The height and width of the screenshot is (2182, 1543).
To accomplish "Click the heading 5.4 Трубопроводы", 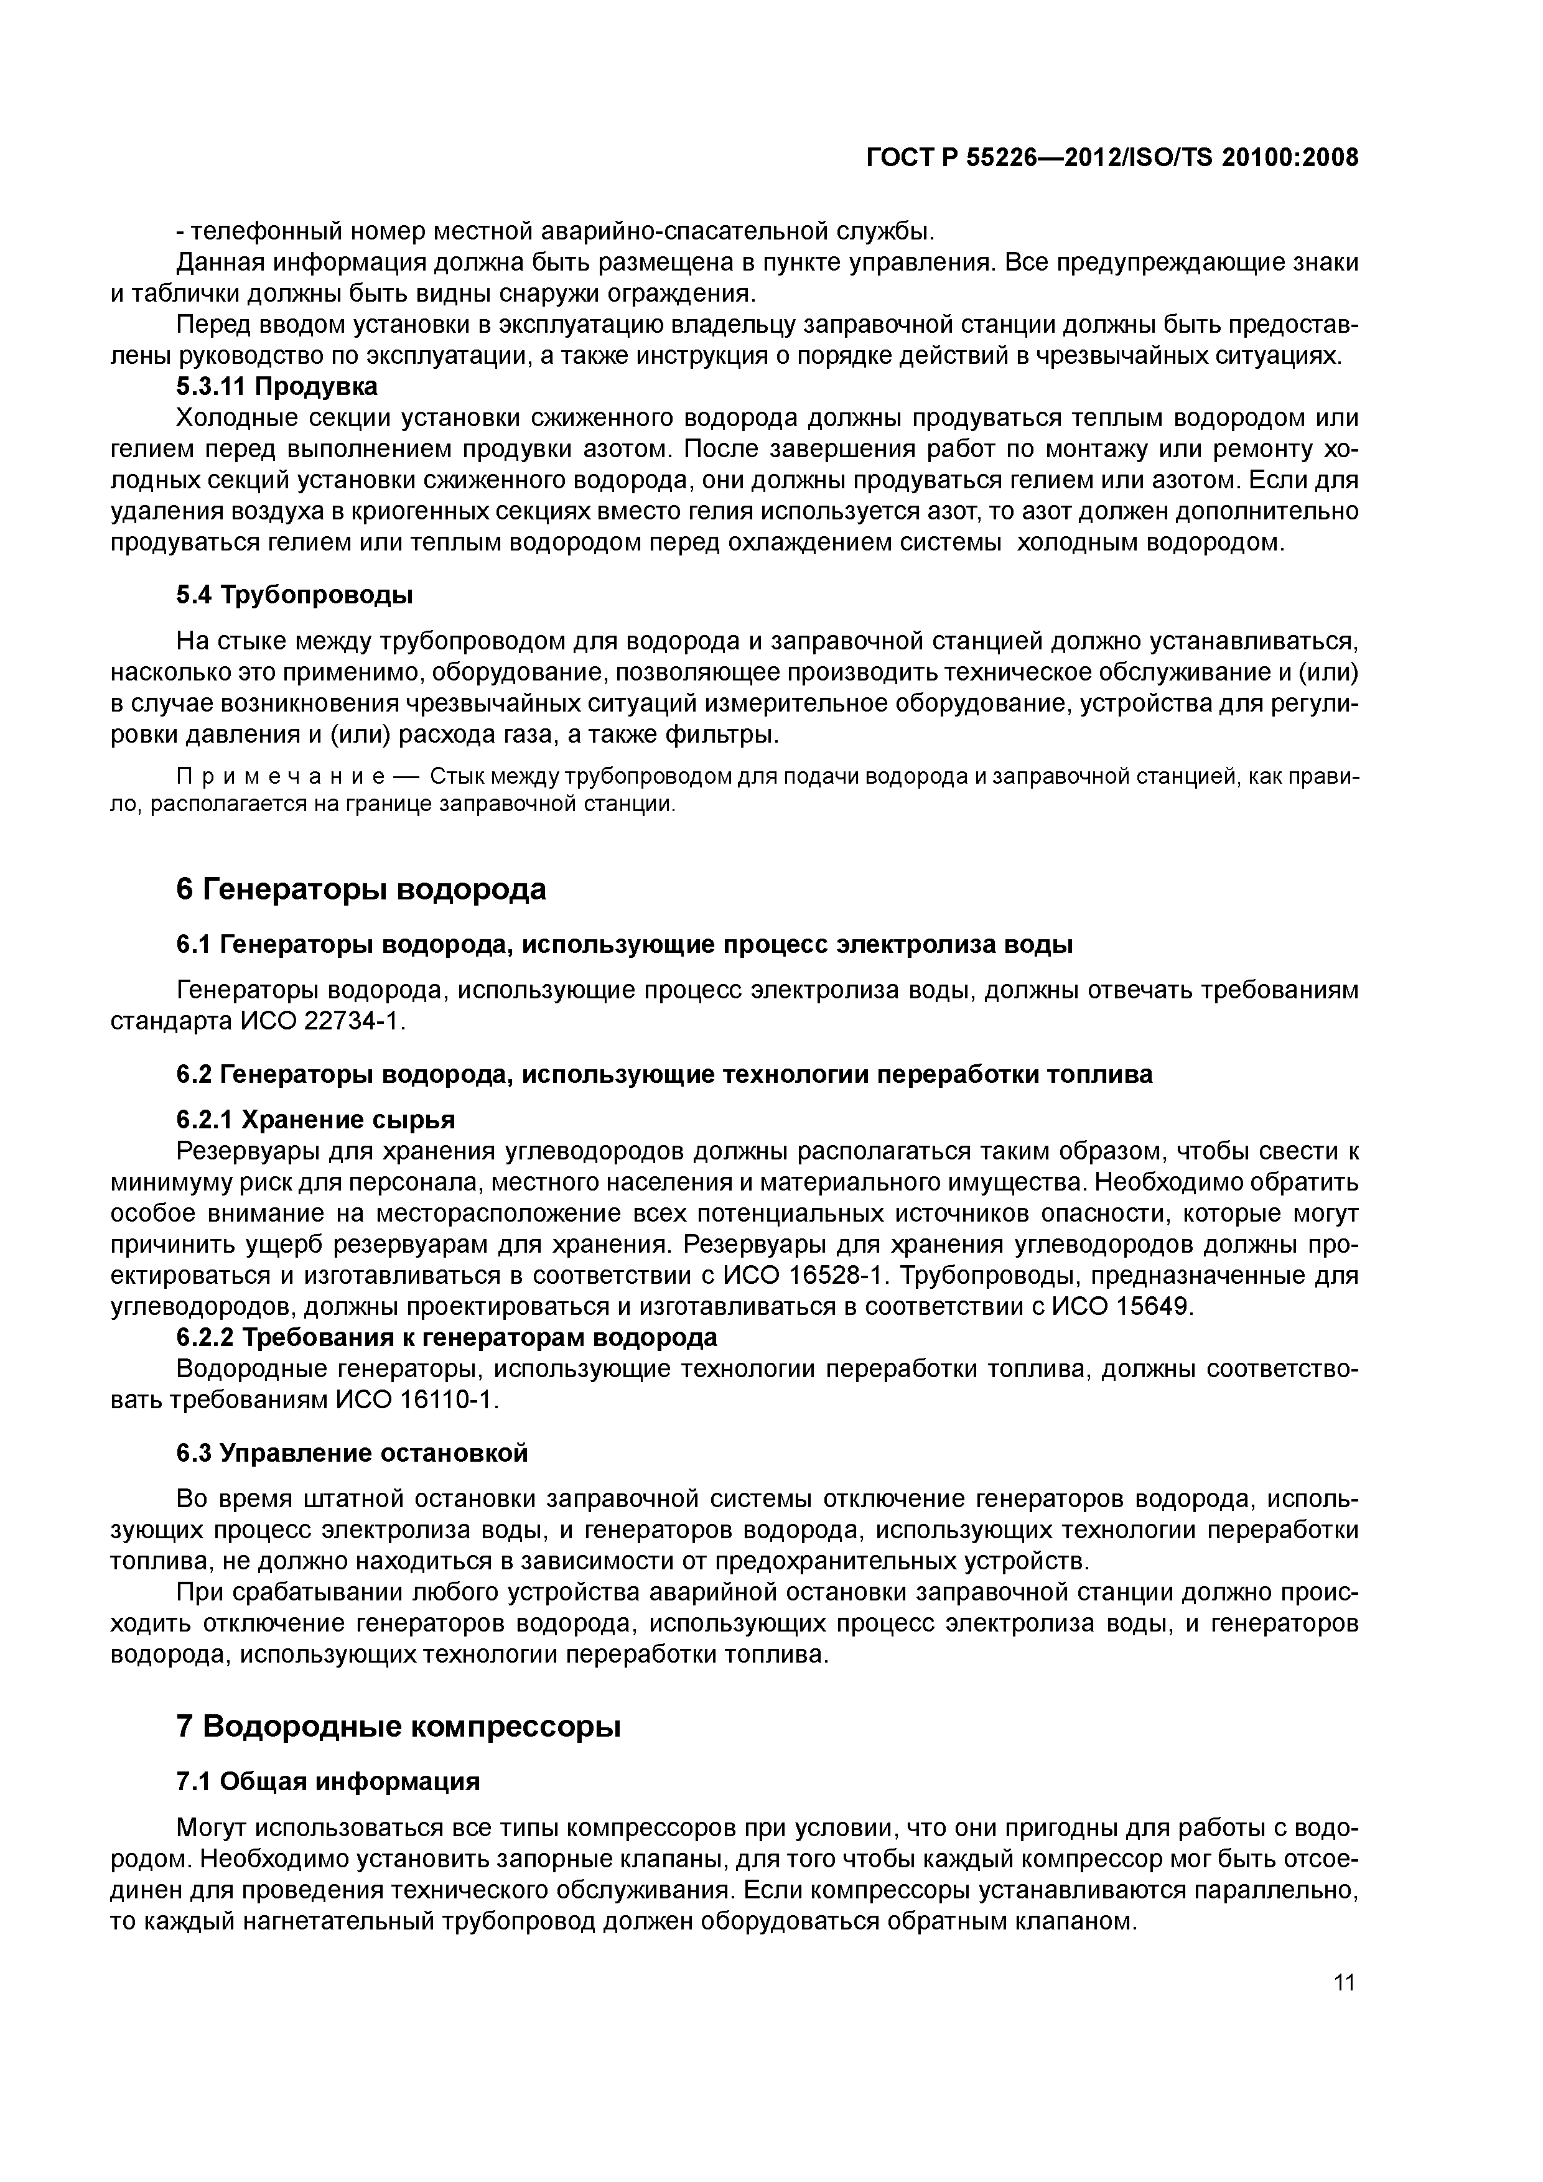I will [x=295, y=596].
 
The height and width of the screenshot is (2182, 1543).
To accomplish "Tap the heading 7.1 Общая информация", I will [x=328, y=1781].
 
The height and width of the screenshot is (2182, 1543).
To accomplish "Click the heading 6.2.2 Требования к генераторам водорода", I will [x=447, y=1337].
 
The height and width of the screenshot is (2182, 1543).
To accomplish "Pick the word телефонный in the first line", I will [x=259, y=231].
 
